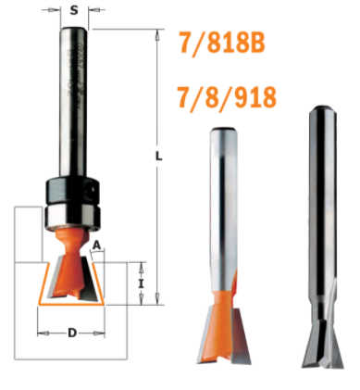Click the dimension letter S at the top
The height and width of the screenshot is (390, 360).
[74, 10]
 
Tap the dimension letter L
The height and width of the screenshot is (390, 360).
[158, 157]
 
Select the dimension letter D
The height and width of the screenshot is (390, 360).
[72, 333]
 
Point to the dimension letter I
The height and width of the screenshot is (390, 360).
[141, 283]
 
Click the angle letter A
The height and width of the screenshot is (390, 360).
[97, 245]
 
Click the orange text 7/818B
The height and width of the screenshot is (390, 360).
[222, 44]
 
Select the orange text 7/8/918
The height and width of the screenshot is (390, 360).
[227, 97]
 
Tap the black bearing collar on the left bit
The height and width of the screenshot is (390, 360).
[73, 190]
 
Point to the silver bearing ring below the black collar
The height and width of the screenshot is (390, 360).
[73, 218]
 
